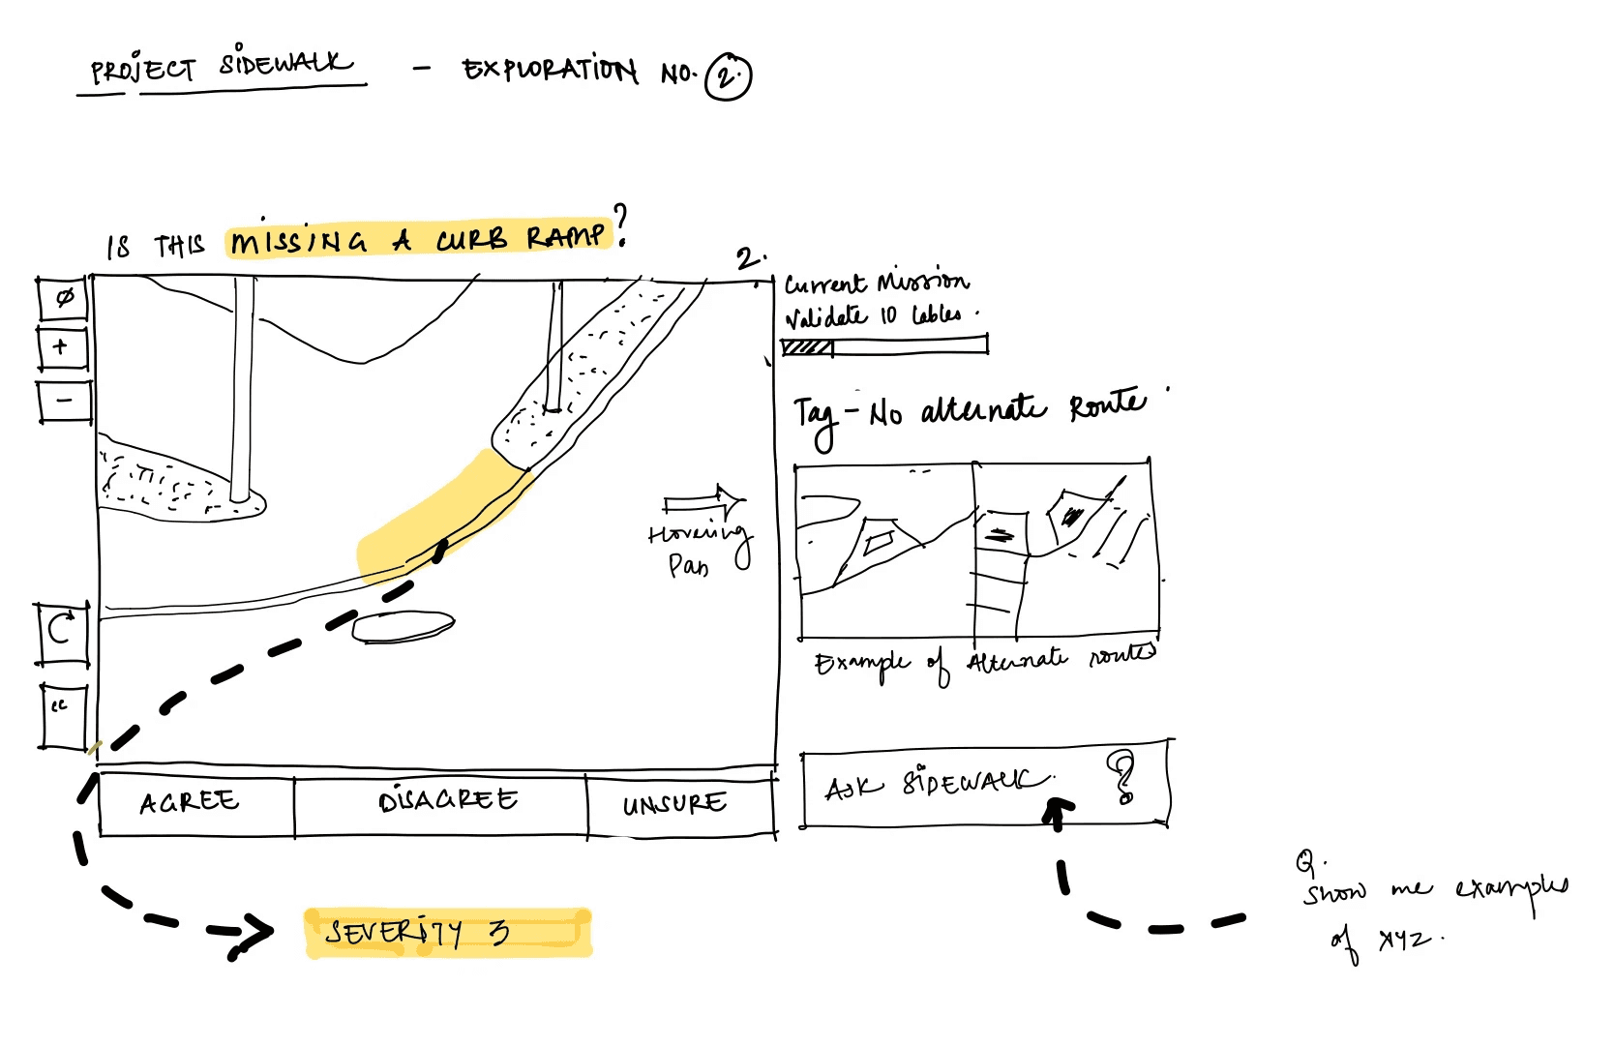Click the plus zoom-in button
[x=62, y=348]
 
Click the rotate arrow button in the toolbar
[x=61, y=631]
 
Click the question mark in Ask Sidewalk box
[x=1122, y=778]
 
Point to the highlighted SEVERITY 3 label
[x=447, y=933]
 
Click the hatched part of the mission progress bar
[x=807, y=346]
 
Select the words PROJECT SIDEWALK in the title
[x=221, y=68]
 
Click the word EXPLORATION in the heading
[x=550, y=70]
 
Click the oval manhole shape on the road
[x=403, y=627]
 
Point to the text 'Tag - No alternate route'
[x=968, y=414]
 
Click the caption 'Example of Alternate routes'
[x=982, y=663]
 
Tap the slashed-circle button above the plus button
[x=63, y=298]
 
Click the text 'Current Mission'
[x=876, y=284]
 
